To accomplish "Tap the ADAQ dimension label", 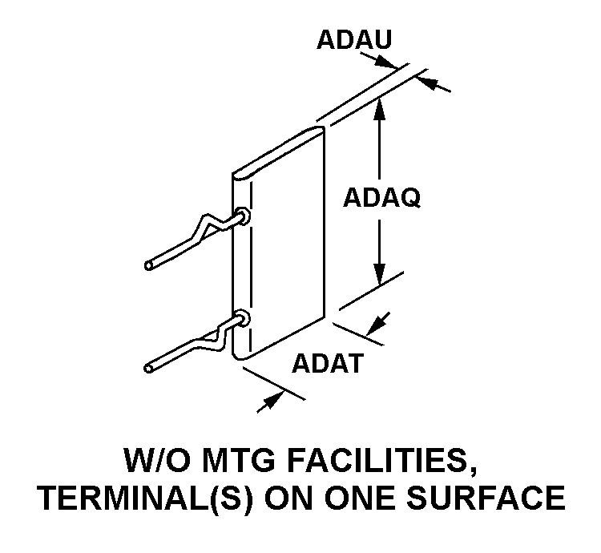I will pyautogui.click(x=381, y=196).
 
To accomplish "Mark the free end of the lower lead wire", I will pyautogui.click(x=149, y=368).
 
